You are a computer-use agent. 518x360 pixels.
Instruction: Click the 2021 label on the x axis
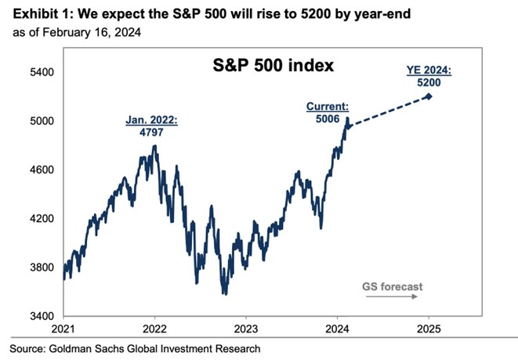point(63,329)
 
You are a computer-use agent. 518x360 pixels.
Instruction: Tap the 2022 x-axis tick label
point(154,329)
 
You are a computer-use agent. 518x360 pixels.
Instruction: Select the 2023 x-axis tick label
point(246,329)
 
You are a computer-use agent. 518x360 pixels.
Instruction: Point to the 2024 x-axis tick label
point(337,329)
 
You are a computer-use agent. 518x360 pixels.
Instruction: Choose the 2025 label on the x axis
point(429,329)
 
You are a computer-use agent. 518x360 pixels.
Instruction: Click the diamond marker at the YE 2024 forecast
point(428,96)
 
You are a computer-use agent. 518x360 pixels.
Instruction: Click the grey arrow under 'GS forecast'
point(393,299)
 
